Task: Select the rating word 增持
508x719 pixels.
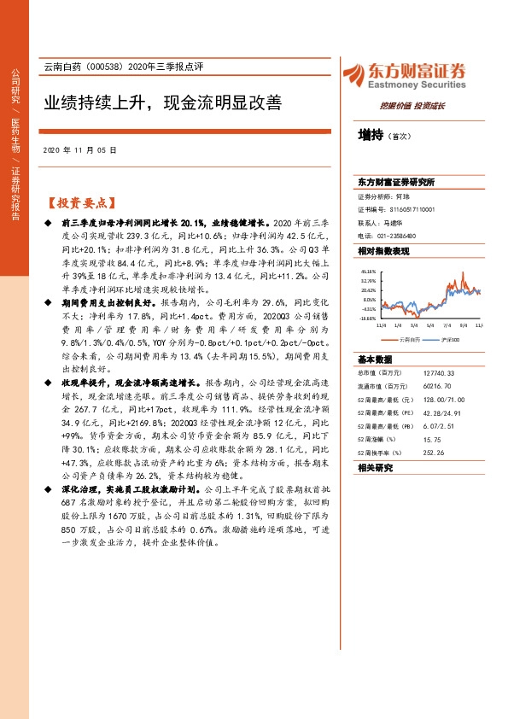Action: (371, 135)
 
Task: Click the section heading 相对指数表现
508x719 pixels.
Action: (383, 250)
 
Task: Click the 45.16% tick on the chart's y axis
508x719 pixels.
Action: (368, 270)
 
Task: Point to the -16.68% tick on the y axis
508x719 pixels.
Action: (367, 319)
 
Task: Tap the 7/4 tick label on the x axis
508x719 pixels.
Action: (447, 324)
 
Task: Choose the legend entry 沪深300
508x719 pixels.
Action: (449, 339)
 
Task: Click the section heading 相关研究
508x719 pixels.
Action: (374, 467)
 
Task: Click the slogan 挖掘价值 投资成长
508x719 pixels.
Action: (412, 106)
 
